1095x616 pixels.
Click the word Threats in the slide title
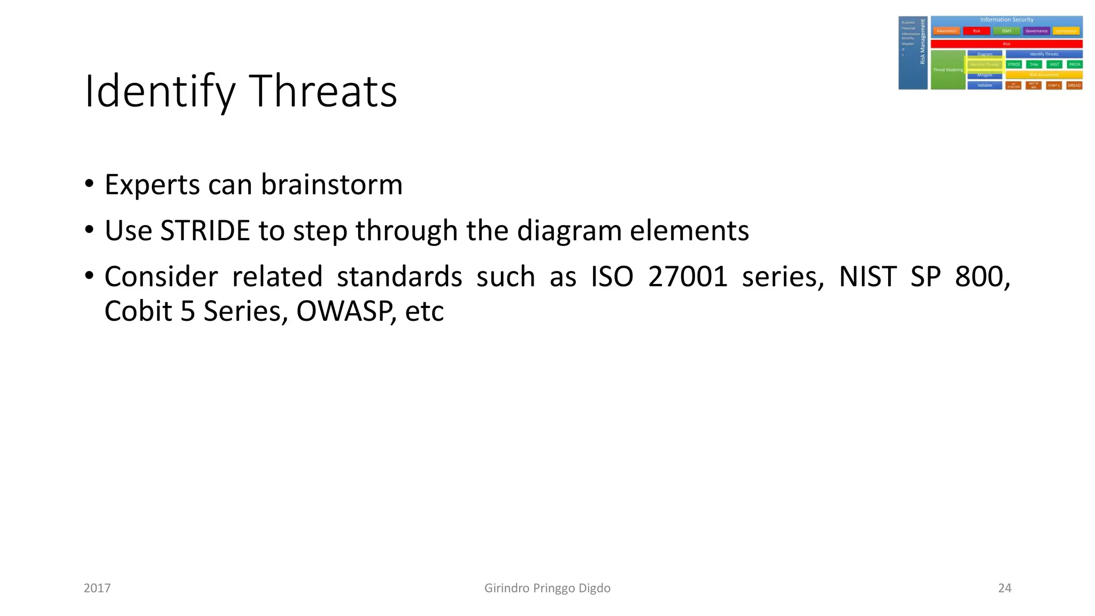(x=323, y=91)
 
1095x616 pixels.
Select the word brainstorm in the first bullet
(x=331, y=184)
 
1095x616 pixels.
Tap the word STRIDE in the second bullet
(x=205, y=230)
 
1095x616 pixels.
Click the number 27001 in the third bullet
(x=688, y=276)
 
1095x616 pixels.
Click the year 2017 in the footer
(x=97, y=588)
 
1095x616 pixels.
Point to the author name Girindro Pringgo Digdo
(x=547, y=588)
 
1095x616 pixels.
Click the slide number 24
(x=1005, y=588)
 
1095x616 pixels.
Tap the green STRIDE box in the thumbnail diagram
(x=1014, y=64)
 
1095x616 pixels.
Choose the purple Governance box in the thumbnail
(x=1036, y=31)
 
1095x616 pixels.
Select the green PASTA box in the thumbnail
(x=1075, y=64)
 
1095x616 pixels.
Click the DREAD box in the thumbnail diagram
(x=1074, y=86)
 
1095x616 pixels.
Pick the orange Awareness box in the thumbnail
(x=946, y=31)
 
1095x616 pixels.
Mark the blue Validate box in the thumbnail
(x=984, y=86)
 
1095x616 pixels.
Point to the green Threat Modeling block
(x=947, y=70)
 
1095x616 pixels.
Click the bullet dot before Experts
(x=89, y=184)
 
